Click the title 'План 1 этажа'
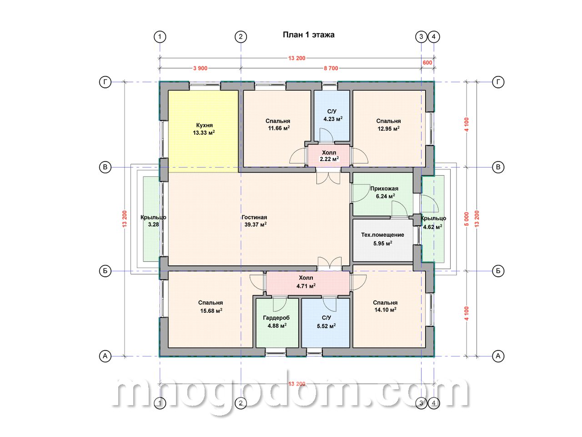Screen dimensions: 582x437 tap(308, 35)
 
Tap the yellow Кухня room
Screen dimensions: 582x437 tap(203, 131)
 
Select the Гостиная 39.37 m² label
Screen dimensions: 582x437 tap(254, 221)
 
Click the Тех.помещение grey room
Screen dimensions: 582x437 tap(382, 240)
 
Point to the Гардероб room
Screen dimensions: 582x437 tap(277, 323)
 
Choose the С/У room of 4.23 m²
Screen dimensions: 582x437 tap(332, 116)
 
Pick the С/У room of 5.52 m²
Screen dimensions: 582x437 tap(326, 323)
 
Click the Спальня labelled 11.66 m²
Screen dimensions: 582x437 tap(277, 128)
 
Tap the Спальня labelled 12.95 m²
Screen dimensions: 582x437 tap(388, 128)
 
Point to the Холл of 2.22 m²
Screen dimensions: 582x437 tap(329, 156)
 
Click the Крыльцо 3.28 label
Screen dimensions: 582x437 tap(153, 221)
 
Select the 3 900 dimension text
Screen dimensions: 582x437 tap(200, 68)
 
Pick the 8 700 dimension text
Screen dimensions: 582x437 tap(331, 68)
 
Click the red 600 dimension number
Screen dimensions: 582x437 tap(427, 63)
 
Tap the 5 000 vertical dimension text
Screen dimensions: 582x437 tap(467, 219)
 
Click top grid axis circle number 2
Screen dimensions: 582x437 tap(241, 36)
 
